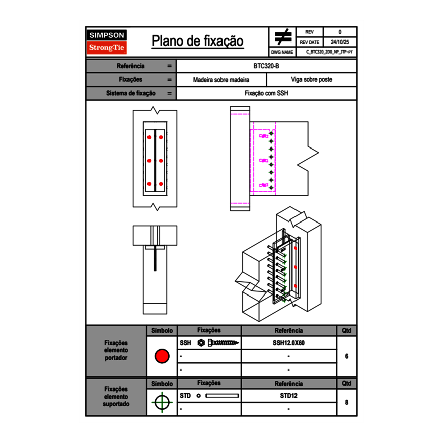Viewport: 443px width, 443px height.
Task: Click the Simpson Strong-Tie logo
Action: click(107, 42)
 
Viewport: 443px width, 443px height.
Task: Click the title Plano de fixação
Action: click(197, 41)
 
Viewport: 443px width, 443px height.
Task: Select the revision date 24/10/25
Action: click(340, 42)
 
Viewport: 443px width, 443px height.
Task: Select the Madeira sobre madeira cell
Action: click(221, 80)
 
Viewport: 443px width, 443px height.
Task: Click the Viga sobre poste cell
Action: click(311, 80)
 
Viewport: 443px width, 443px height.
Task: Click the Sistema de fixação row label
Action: click(131, 93)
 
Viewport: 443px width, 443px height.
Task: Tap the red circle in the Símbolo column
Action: click(162, 356)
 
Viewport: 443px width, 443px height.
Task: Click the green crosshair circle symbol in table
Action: click(162, 403)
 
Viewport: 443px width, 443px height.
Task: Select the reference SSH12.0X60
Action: click(288, 343)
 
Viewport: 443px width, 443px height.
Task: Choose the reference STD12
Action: click(288, 396)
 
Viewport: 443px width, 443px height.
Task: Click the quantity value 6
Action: click(347, 356)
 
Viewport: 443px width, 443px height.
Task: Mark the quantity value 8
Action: click(347, 403)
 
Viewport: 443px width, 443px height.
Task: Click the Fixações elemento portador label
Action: click(116, 350)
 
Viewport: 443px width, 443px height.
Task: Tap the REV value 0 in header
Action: click(340, 32)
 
